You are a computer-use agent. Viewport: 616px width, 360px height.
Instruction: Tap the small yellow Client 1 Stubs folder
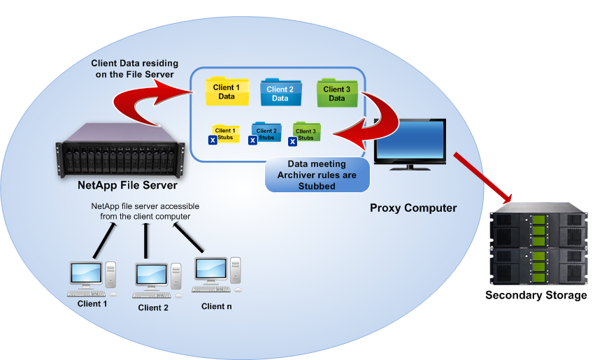pyautogui.click(x=225, y=133)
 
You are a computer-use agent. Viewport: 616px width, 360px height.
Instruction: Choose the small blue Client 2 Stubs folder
pyautogui.click(x=266, y=133)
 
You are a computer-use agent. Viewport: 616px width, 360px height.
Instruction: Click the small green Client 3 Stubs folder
pyautogui.click(x=305, y=133)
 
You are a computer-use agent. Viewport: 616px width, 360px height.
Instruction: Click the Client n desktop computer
pyautogui.click(x=217, y=275)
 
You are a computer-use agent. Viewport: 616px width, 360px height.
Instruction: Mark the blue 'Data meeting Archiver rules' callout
pyautogui.click(x=317, y=175)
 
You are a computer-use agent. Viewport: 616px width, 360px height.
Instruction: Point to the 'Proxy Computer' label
pyautogui.click(x=413, y=208)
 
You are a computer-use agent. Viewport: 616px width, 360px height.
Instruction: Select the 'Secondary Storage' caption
pyautogui.click(x=536, y=296)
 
